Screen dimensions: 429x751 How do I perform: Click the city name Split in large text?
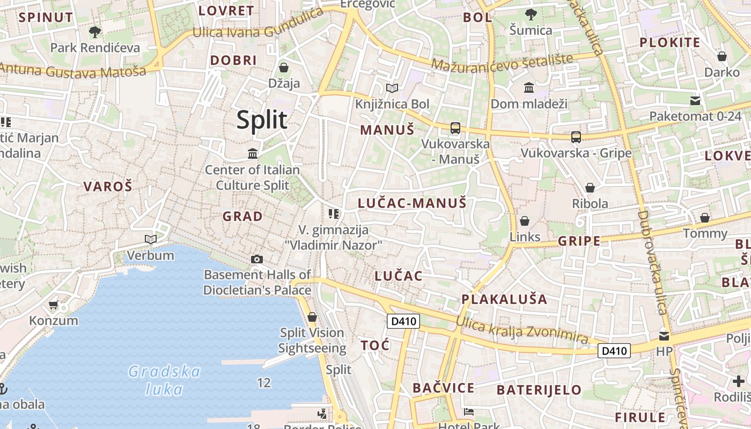[262, 120]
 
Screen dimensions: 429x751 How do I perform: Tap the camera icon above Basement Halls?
[257, 260]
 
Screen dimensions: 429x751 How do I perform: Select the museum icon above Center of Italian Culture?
[253, 154]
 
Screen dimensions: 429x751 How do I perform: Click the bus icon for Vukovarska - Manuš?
[455, 128]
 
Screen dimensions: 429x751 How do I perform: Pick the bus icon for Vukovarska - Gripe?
[576, 137]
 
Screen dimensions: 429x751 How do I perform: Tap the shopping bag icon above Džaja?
[284, 68]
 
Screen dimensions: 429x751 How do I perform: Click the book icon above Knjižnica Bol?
[392, 88]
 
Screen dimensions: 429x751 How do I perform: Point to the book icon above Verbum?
[151, 239]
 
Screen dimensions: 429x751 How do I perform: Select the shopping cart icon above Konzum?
[53, 305]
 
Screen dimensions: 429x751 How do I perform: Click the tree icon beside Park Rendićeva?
[95, 32]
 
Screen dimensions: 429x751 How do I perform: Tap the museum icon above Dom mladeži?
[529, 87]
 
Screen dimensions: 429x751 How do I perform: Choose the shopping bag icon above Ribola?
[590, 188]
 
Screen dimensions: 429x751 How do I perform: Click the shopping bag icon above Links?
[525, 221]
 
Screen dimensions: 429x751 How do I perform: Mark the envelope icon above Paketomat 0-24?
[695, 100]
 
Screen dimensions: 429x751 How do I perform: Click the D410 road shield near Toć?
[403, 321]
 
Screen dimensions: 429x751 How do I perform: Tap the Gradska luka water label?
[165, 380]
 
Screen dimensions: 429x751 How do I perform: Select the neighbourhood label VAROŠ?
[107, 187]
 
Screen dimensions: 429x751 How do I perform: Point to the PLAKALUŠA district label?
[504, 299]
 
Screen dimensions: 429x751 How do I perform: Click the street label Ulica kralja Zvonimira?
[522, 330]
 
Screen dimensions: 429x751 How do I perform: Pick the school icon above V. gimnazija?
[334, 214]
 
